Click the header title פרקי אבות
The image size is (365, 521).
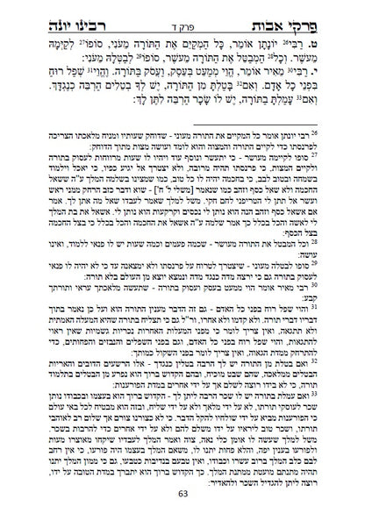(290, 13)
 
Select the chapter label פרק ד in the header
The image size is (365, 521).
(182, 17)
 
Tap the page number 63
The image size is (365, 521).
(182, 503)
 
